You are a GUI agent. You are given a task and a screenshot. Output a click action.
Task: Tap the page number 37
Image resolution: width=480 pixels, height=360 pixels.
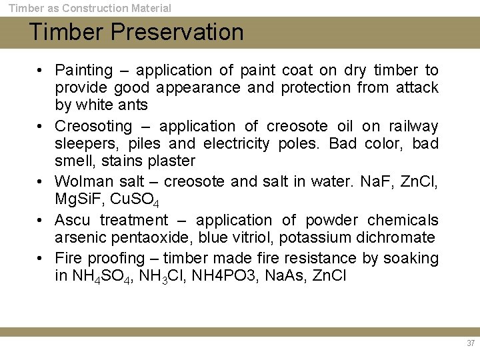(x=471, y=343)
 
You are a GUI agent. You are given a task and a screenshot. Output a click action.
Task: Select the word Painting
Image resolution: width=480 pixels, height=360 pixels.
(x=84, y=71)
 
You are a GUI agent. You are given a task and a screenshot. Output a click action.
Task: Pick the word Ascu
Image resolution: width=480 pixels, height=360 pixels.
(x=73, y=220)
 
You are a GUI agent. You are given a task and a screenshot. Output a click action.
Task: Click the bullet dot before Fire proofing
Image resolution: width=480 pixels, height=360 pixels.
(x=41, y=258)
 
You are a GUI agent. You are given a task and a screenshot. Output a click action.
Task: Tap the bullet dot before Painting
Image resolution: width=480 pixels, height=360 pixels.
(x=41, y=70)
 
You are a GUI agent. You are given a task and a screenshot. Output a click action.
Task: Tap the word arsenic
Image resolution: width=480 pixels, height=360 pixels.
(x=80, y=238)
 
